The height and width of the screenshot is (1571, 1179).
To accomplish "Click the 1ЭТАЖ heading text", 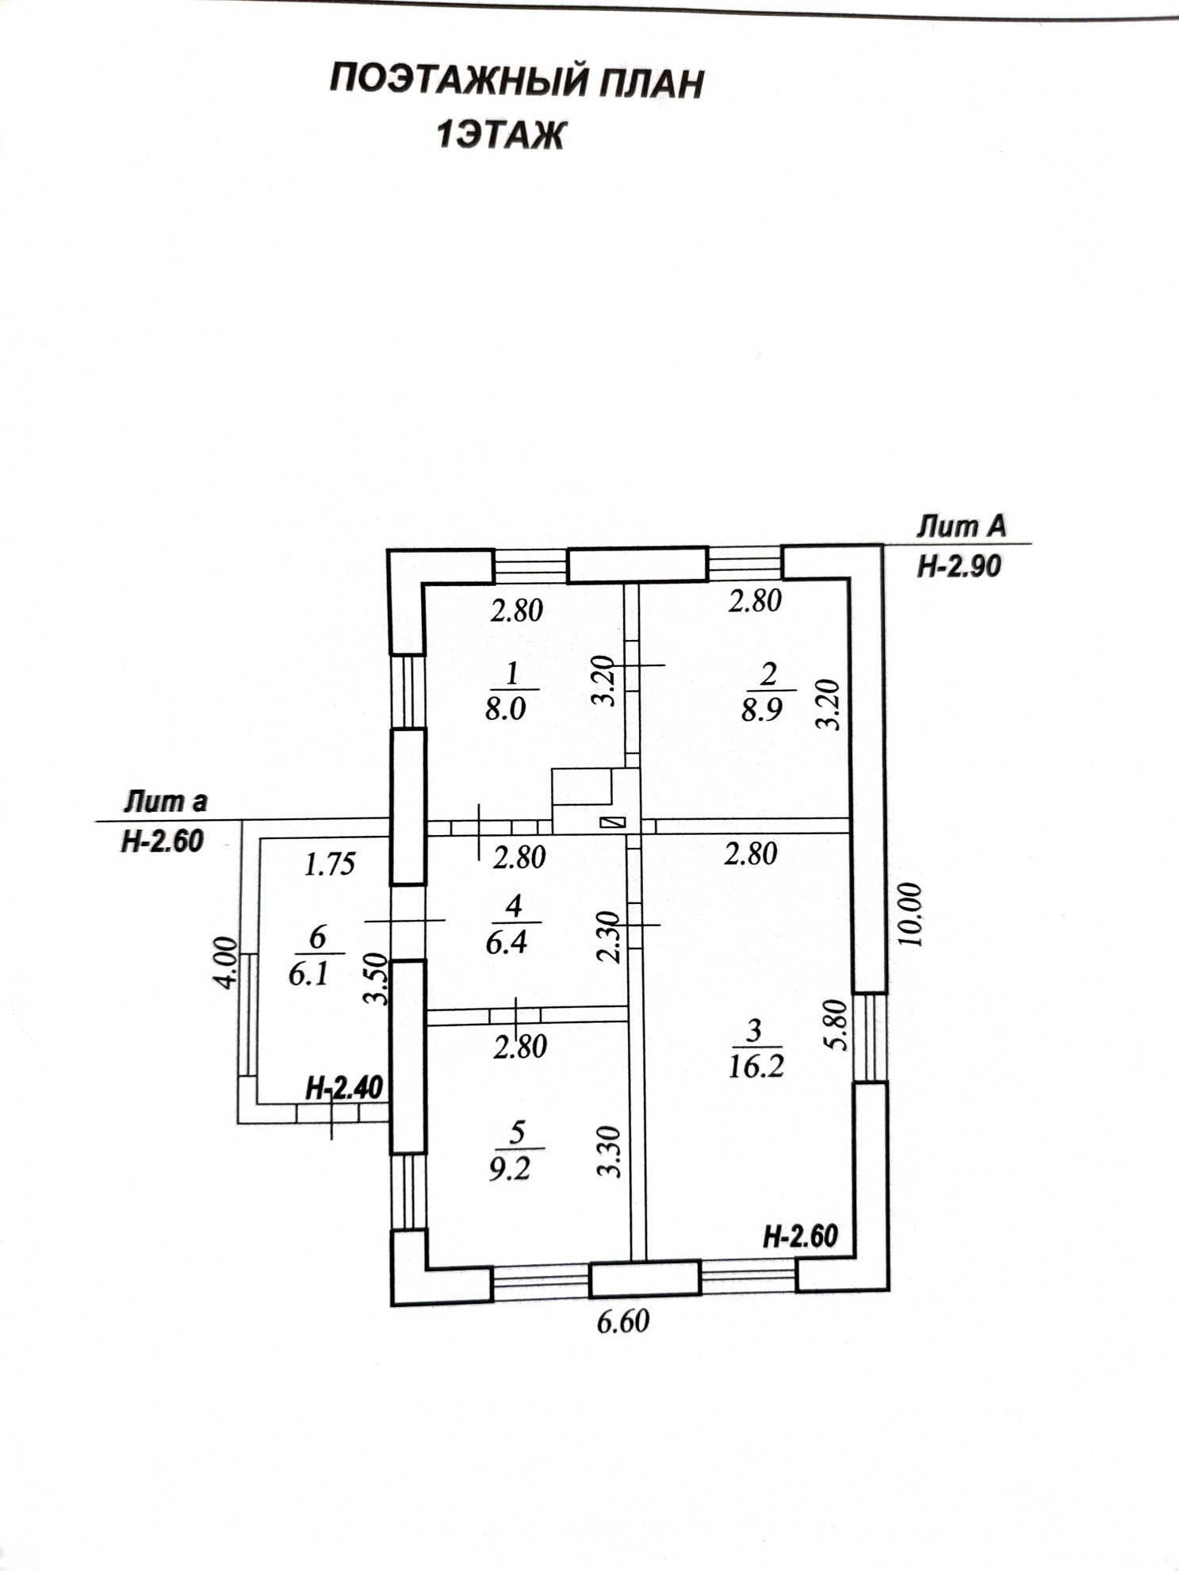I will click(500, 136).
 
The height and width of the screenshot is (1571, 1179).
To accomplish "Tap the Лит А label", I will click(961, 527).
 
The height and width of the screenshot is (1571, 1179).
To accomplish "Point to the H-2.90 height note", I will click(959, 566).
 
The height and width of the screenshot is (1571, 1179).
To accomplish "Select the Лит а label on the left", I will click(165, 802).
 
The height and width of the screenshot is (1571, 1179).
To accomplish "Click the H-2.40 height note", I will click(344, 1088).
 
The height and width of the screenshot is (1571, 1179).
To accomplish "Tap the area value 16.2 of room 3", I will click(756, 1067).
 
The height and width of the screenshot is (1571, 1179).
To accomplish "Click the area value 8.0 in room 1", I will click(505, 707).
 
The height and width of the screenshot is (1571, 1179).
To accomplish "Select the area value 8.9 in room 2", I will click(762, 709).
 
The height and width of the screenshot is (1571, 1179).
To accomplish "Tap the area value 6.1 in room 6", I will click(308, 974).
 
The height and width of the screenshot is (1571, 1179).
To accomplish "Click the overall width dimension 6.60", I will click(623, 1321).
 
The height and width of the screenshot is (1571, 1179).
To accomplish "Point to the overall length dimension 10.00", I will click(911, 914).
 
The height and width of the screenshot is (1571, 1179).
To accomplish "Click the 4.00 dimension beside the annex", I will click(226, 962).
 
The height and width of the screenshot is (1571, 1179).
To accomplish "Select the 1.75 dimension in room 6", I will click(330, 864).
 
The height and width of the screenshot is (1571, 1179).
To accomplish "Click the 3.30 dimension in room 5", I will click(608, 1151).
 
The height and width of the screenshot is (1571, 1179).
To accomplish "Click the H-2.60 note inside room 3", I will click(800, 1236).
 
